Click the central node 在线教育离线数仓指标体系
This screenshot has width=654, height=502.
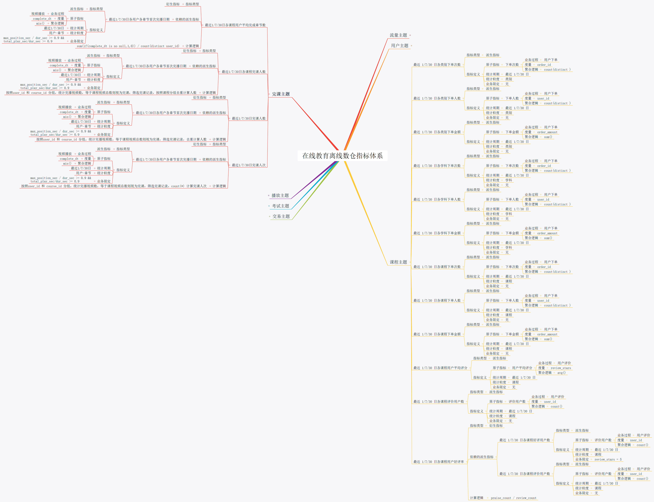coord(342,156)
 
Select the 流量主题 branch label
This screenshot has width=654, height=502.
coord(398,35)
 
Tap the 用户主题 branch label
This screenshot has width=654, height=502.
coord(400,46)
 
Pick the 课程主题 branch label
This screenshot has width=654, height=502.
coord(398,262)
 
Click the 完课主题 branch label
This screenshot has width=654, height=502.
coord(281,94)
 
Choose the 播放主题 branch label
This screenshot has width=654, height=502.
coord(280,195)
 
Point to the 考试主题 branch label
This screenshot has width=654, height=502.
coord(280,206)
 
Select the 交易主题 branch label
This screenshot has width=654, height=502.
coord(281,216)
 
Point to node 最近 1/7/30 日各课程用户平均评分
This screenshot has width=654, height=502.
coord(440,368)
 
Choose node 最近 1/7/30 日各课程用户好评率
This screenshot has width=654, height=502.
coord(438,462)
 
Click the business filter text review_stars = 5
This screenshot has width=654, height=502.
coord(608,459)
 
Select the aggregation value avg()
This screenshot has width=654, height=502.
coord(561,373)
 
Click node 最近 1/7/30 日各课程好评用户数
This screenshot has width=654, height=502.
coord(524,440)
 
